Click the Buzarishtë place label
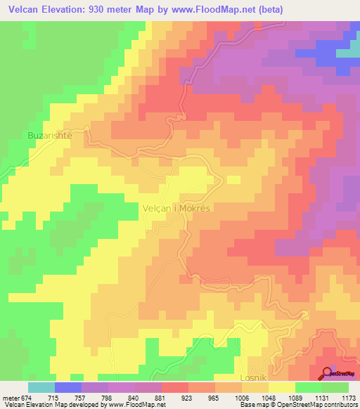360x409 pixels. (49, 135)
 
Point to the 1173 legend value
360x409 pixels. (349, 396)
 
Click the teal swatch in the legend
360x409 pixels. (41, 387)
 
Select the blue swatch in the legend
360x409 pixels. (67, 387)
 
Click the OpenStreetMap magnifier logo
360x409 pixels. (326, 373)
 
